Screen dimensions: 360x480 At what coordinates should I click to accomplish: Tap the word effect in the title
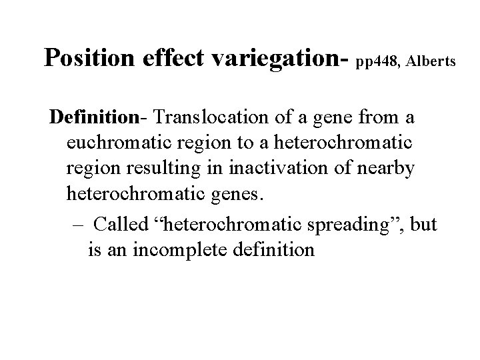[170, 59]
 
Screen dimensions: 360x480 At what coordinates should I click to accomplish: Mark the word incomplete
[181, 250]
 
